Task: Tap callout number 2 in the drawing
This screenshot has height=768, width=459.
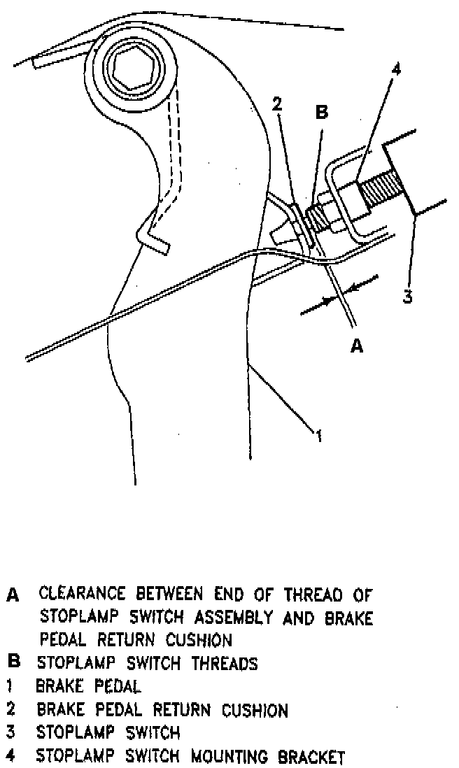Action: click(x=278, y=104)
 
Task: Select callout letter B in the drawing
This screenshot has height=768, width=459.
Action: click(x=322, y=113)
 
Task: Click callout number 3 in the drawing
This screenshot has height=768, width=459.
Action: click(x=408, y=294)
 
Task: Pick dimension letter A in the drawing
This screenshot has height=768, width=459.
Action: click(x=357, y=346)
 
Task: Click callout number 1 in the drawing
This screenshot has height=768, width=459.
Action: click(x=318, y=437)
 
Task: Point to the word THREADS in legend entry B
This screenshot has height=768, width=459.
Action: click(x=225, y=663)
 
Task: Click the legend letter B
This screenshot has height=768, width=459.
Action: click(x=12, y=662)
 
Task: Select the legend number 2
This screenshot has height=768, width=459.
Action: click(x=11, y=710)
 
